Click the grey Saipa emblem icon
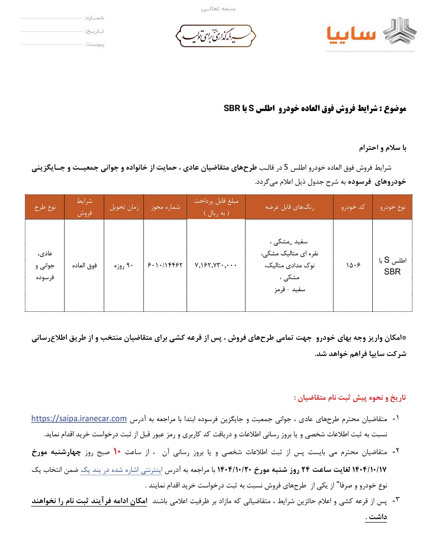coord(400,32)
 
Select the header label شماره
coord(94,18)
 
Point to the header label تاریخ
coord(94,31)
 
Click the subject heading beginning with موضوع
coord(315,108)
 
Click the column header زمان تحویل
coord(124,207)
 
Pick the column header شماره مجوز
coord(165,207)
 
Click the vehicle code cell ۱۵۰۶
coord(353,265)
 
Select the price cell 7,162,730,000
coord(216,265)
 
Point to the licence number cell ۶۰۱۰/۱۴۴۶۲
coord(165,265)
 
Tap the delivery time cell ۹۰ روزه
coord(124,265)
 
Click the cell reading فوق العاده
coord(84,265)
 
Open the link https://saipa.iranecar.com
coord(79,418)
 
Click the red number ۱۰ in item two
coord(117,452)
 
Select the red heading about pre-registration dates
coord(350,397)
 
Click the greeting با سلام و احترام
coord(383,148)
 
